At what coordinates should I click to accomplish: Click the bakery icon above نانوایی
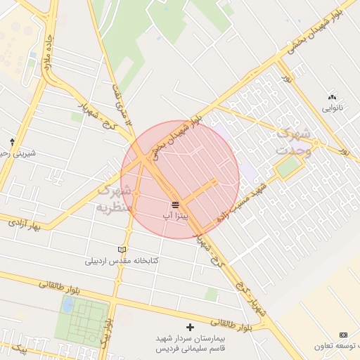(x=332, y=96)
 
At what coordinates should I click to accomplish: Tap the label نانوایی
(x=333, y=108)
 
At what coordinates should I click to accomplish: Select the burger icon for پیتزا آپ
(x=175, y=205)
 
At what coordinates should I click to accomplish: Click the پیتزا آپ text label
(x=175, y=215)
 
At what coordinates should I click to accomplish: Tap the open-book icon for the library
(x=122, y=250)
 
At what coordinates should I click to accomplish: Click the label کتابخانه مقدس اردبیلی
(x=122, y=261)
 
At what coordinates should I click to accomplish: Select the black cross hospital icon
(x=189, y=327)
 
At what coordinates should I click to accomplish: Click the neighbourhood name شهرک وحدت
(x=292, y=141)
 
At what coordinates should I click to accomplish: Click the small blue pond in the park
(x=68, y=304)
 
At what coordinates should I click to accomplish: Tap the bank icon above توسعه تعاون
(x=343, y=334)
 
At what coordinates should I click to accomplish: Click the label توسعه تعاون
(x=340, y=345)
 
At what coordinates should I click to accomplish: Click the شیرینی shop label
(x=17, y=153)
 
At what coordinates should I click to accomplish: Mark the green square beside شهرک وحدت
(x=287, y=167)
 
